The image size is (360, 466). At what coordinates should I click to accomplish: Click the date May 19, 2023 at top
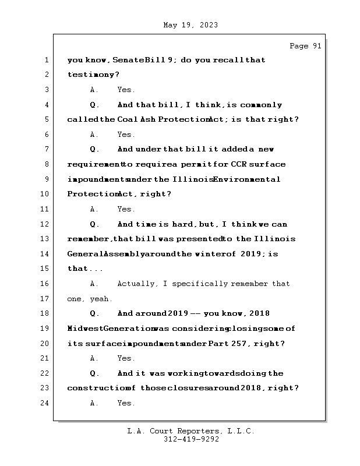point(190,25)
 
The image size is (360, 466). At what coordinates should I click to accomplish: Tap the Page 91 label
point(305,46)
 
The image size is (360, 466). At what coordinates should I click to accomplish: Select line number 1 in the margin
point(46,60)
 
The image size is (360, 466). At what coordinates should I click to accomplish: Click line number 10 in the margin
point(44,194)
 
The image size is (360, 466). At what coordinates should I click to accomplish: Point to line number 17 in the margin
point(44,298)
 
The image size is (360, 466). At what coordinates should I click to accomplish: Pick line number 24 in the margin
point(44,403)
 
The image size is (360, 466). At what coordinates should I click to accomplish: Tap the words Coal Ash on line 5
point(134,119)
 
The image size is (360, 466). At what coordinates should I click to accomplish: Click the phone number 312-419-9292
point(191,440)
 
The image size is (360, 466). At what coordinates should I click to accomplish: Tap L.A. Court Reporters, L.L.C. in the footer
point(191,432)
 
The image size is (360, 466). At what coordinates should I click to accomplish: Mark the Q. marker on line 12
point(94,224)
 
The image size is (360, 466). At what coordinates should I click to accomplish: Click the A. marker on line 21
point(94,358)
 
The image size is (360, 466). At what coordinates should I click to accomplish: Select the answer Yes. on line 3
point(126,90)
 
